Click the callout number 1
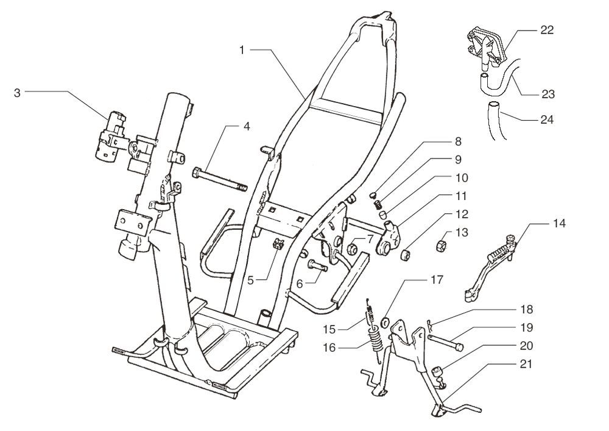point(242,49)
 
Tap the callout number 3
point(17,93)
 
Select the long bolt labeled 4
point(220,180)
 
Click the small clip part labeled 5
point(277,245)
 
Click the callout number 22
point(546,30)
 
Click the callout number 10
point(460,179)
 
